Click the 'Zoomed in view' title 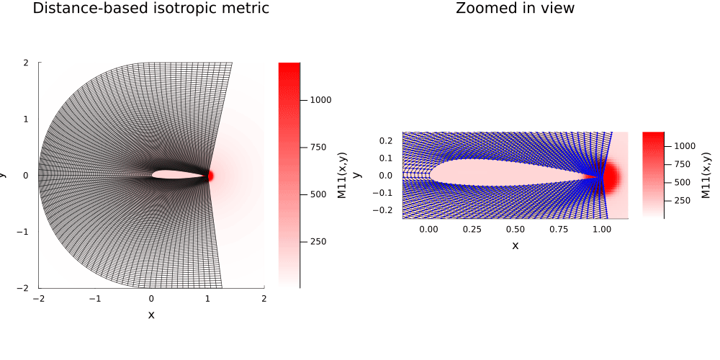[515, 9]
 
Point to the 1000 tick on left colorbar [321, 99]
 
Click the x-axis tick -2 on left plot [39, 298]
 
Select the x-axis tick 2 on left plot [264, 298]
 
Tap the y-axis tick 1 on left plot [26, 119]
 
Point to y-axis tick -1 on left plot [24, 231]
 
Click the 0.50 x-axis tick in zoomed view [515, 228]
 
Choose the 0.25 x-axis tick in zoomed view [472, 228]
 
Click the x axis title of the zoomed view [515, 246]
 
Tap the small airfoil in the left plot [180, 175]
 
